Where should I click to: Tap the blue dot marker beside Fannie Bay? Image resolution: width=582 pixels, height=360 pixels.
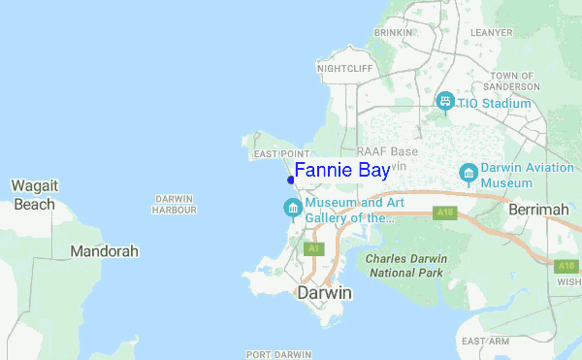coord(291,180)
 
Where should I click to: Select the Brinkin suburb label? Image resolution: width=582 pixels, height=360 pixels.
coord(393,32)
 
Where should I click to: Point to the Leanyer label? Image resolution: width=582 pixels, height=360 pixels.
coord(491,32)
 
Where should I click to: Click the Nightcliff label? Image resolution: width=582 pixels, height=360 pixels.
coord(344,69)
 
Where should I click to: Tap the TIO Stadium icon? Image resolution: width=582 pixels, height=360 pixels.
coord(445,101)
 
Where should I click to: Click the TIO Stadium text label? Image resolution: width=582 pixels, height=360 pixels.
coord(494,104)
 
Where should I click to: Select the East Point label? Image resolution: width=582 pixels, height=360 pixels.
coord(279,154)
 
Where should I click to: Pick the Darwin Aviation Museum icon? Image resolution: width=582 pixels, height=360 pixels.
coord(469,173)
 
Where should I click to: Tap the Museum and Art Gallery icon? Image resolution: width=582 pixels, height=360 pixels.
coord(292,209)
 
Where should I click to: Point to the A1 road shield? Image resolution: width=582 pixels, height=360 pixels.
coord(312,249)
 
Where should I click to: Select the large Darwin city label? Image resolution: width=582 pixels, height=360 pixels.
coord(324,293)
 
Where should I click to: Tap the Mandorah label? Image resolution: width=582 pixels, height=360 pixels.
coord(104,251)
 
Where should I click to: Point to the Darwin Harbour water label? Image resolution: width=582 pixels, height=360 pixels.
coord(176,204)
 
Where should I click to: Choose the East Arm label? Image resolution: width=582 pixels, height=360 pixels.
coord(485,342)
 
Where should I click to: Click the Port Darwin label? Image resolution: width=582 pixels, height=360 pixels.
coord(278,354)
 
